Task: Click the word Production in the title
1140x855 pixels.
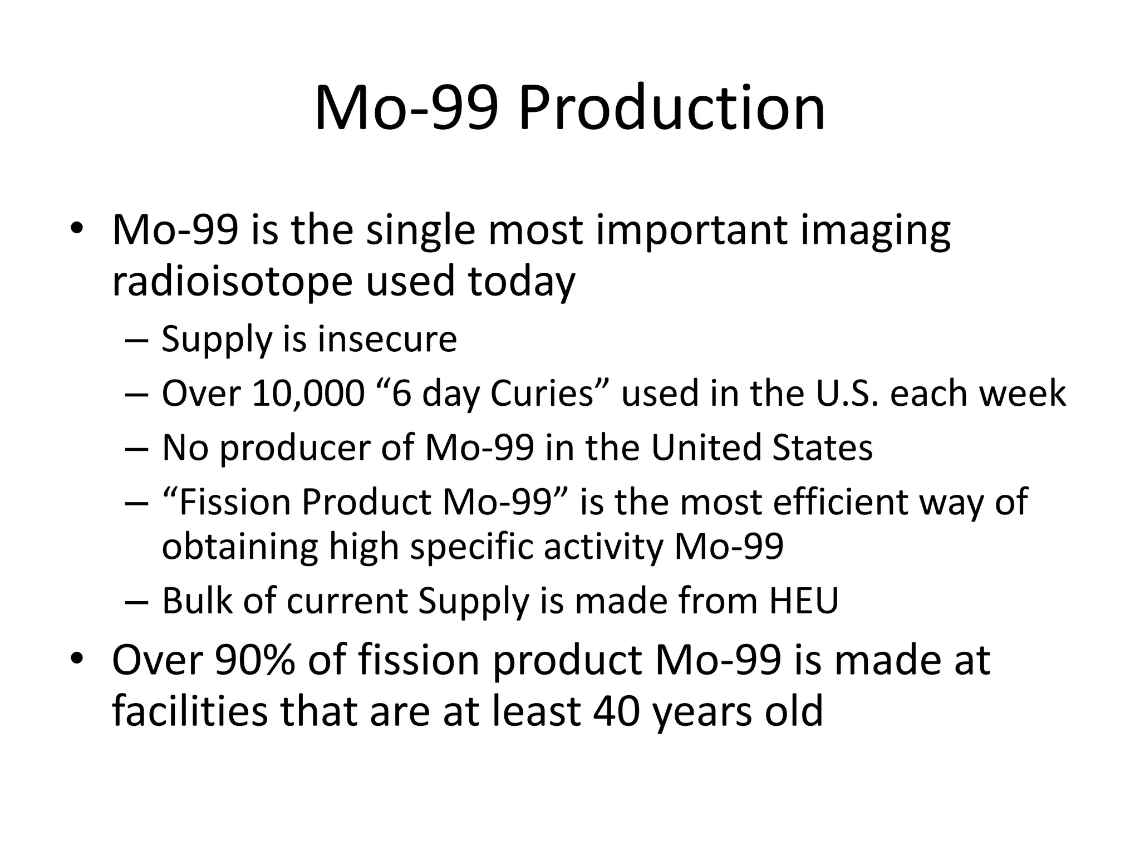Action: pos(671,109)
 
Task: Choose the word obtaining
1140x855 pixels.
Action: pos(239,548)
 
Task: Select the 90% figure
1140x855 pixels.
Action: pos(254,661)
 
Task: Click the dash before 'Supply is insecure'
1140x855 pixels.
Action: pos(137,341)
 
